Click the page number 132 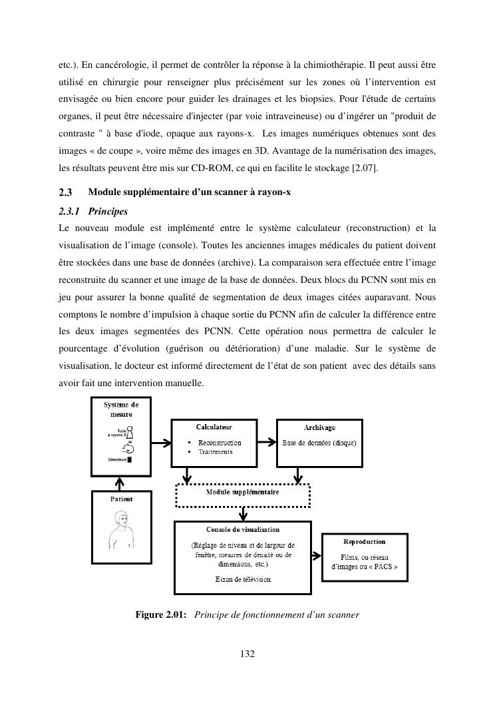pyautogui.click(x=247, y=654)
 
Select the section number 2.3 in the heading pyautogui.click(x=65, y=193)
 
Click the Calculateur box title pyautogui.click(x=214, y=427)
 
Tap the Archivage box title pyautogui.click(x=319, y=428)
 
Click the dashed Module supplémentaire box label pyautogui.click(x=242, y=493)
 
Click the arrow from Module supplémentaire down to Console pyautogui.click(x=244, y=513)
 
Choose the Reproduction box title pyautogui.click(x=364, y=542)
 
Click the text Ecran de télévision pyautogui.click(x=243, y=579)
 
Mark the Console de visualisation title pyautogui.click(x=243, y=530)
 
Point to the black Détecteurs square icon pyautogui.click(x=130, y=459)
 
